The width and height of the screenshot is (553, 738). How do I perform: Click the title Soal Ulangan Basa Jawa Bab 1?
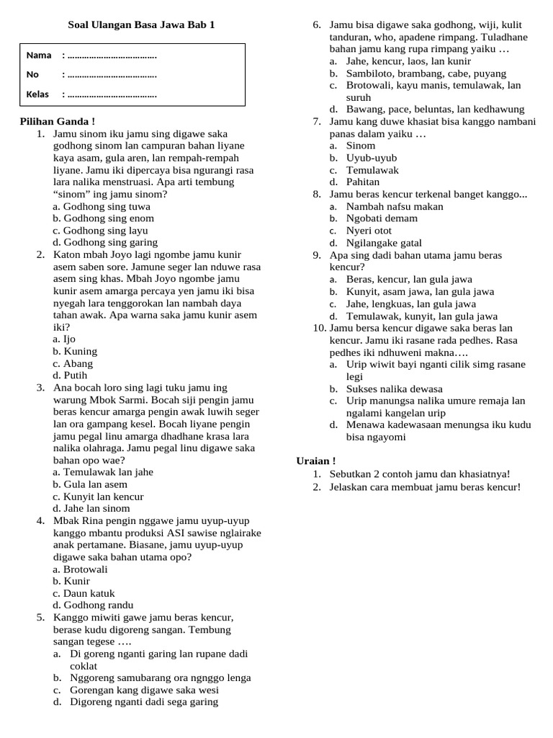(140, 25)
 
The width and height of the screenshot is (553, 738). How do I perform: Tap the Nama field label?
(39, 55)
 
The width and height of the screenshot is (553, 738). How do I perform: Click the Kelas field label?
(37, 94)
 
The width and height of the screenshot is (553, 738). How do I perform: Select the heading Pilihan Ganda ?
(57, 121)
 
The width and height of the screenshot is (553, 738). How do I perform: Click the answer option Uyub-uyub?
(371, 158)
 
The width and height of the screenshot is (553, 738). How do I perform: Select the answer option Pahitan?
(362, 182)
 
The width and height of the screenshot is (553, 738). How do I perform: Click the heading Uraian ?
(316, 461)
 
